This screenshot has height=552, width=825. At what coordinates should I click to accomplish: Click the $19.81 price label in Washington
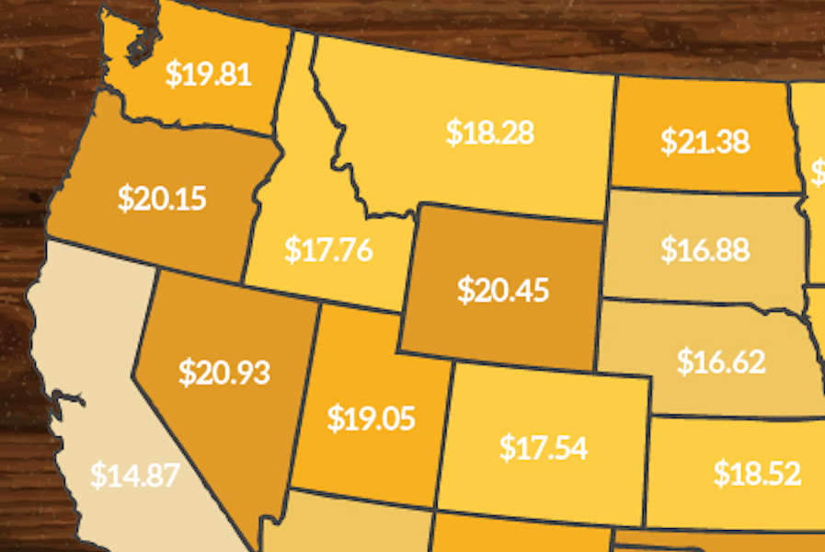[208, 74]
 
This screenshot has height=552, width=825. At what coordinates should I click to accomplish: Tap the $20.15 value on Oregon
[162, 198]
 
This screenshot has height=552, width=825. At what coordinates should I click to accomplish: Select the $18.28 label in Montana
[489, 132]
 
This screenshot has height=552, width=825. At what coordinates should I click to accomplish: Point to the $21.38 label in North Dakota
[705, 142]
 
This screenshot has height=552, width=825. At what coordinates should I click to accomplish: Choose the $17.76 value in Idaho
[328, 249]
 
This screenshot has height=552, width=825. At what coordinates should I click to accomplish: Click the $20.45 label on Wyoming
[502, 291]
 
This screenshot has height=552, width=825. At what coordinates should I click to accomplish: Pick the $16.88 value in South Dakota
[705, 249]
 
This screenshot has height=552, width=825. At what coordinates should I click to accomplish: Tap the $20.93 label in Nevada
[224, 372]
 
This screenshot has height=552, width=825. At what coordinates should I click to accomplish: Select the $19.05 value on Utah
[371, 419]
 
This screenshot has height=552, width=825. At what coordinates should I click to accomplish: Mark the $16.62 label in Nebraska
[720, 362]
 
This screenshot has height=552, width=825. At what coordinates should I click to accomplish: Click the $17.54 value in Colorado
[544, 447]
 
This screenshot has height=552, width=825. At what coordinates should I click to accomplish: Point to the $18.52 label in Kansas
[757, 474]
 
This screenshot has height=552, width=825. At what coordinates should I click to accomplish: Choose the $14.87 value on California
[134, 475]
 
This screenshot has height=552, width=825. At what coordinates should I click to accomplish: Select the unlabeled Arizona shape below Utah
[349, 529]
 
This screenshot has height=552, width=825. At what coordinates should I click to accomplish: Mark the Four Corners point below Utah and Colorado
[434, 511]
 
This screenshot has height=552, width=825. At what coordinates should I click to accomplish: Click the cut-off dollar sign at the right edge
[819, 171]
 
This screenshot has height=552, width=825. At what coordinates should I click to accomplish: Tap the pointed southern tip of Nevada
[255, 543]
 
